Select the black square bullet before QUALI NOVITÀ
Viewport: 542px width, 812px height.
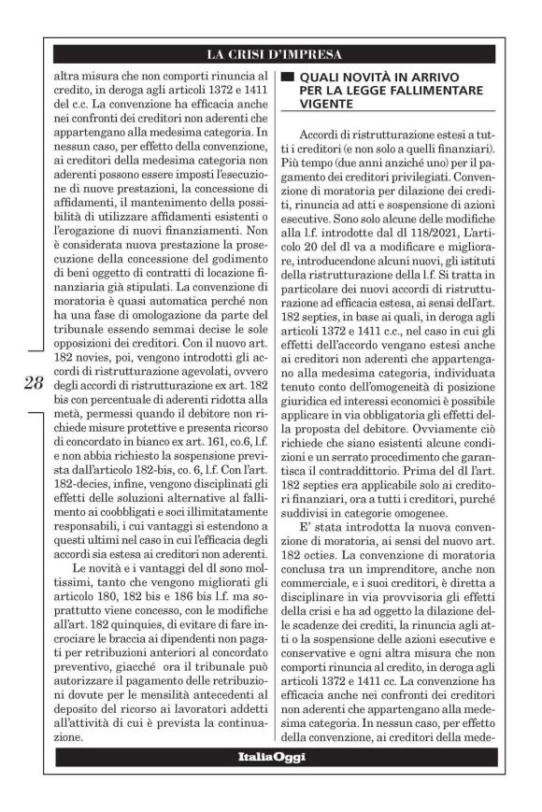tap(288, 75)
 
